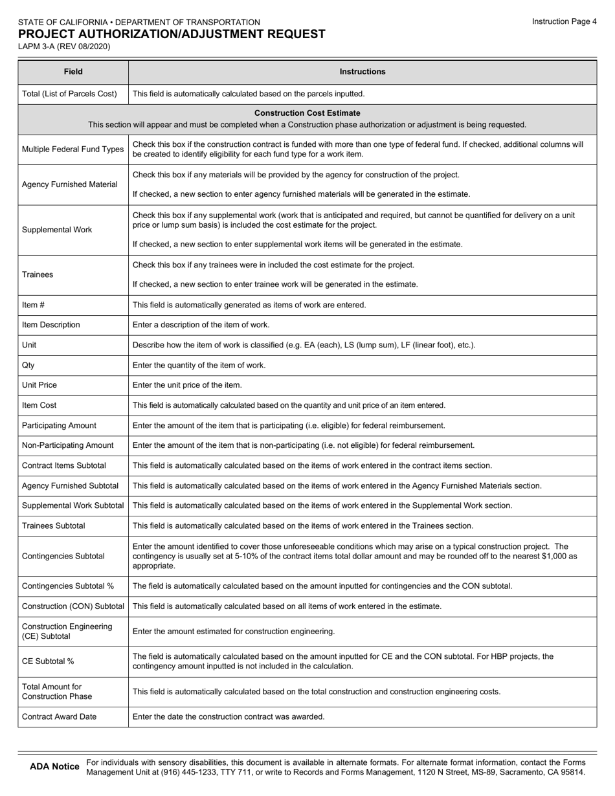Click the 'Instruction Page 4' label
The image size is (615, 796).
point(564,21)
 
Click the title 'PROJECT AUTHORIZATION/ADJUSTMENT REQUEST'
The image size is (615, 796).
point(172,34)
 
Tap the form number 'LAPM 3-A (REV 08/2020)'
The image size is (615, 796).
point(64,47)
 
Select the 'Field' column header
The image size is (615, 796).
point(73,72)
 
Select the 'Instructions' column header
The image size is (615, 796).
point(363,72)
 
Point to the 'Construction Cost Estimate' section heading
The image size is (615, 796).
point(307,113)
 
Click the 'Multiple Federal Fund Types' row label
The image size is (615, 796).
point(73,149)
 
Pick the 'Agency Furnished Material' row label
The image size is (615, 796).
point(70,184)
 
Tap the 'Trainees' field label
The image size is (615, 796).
point(38,274)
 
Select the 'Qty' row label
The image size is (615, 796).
point(28,365)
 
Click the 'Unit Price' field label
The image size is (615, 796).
point(39,385)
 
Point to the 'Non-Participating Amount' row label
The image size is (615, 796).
point(68,445)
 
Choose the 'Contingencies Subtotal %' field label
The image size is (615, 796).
point(68,586)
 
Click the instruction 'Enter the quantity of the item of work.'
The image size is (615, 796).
point(199,365)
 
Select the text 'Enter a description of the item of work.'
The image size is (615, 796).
point(201,325)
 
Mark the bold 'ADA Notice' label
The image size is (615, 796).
point(54,767)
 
